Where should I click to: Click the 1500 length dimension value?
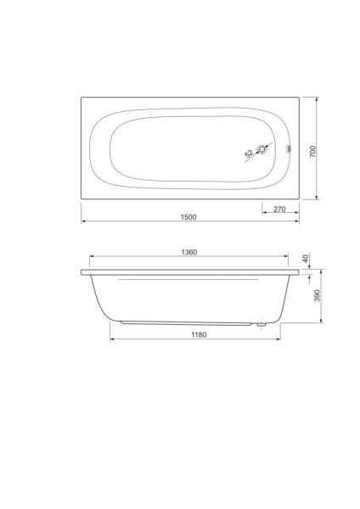pos(188,217)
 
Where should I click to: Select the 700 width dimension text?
pos(312,150)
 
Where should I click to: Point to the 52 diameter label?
pos(249,155)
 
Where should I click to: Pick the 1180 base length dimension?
pos(197,334)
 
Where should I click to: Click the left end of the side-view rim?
pos(82,274)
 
